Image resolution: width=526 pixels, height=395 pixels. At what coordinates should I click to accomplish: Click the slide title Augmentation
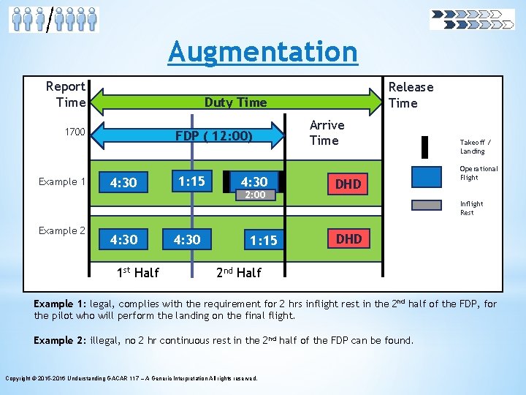coord(263,52)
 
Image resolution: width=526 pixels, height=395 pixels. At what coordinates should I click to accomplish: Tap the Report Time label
coord(66,94)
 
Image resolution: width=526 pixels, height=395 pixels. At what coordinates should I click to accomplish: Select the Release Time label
coord(411,95)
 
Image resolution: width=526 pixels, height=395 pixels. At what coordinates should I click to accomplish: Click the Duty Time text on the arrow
coord(235,102)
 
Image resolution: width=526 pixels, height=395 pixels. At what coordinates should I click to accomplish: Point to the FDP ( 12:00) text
coord(214,136)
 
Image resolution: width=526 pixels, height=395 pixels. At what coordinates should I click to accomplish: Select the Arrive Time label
coord(327,132)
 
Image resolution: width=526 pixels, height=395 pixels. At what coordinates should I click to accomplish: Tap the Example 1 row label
coord(62,181)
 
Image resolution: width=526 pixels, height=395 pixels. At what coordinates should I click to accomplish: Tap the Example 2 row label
coord(62,230)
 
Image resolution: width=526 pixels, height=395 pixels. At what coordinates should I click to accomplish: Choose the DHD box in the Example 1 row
coord(348,184)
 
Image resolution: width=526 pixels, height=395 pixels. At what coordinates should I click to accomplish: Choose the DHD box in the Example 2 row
coord(348,238)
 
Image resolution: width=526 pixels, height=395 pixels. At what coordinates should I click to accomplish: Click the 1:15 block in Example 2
coord(263,240)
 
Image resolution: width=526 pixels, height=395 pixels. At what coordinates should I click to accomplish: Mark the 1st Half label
coord(138,273)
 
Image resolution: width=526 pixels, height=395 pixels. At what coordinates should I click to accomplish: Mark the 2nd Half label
coord(239,273)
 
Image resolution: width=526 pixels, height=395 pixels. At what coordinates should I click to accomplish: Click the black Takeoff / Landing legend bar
coord(424,146)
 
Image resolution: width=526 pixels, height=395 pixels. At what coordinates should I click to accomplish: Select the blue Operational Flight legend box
coord(427,176)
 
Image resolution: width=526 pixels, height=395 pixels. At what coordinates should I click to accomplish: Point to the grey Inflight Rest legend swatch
coord(427,206)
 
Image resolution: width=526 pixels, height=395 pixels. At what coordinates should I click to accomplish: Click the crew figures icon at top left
coord(53,18)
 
